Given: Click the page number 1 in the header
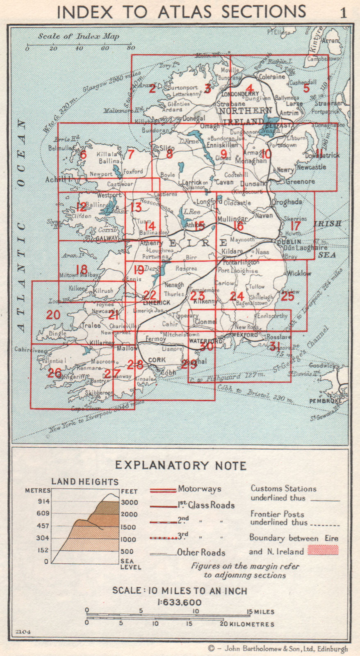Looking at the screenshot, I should [343, 12].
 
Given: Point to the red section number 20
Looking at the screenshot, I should [53, 314].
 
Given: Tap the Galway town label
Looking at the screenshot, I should [107, 238].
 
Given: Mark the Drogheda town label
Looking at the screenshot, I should [287, 202].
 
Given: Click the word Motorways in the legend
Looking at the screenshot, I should [199, 489].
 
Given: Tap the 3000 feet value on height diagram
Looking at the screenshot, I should [129, 502].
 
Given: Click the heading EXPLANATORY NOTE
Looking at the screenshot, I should [180, 465].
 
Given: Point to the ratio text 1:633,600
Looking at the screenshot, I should [180, 602].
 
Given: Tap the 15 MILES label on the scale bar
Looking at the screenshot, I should [261, 611].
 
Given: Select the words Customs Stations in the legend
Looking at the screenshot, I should [283, 488].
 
